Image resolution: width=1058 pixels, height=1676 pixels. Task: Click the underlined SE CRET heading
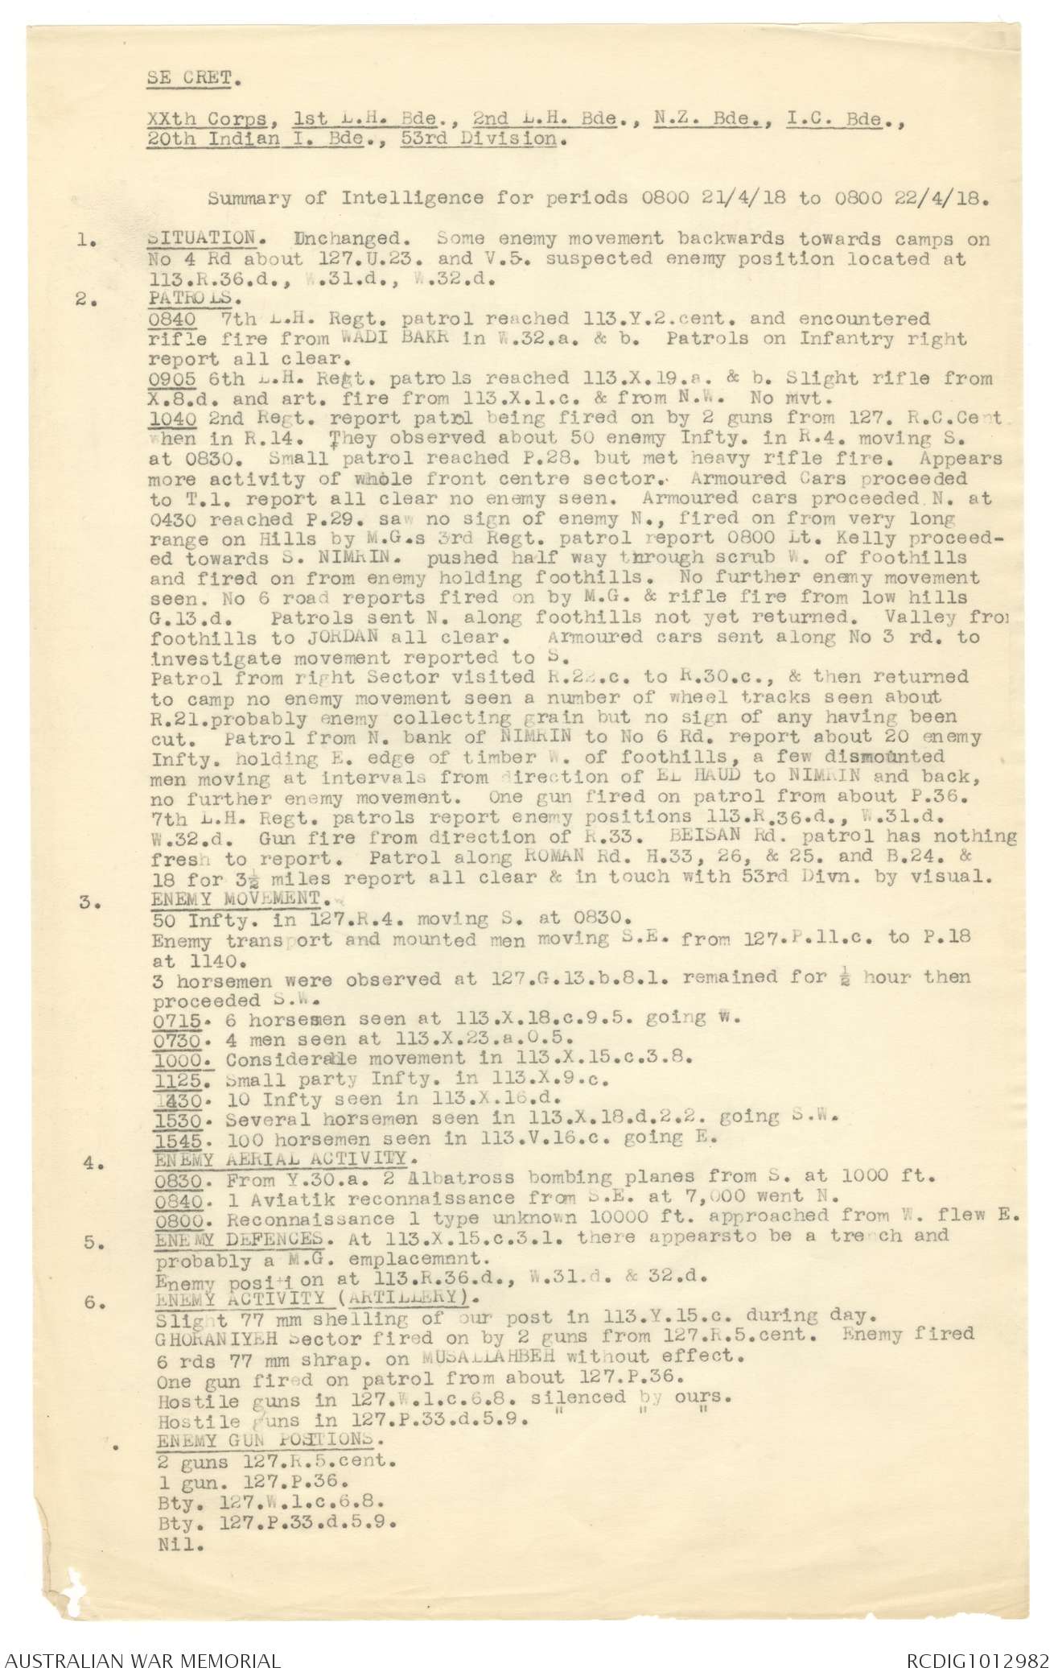[193, 79]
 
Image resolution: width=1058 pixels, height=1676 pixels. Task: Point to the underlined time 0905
[170, 378]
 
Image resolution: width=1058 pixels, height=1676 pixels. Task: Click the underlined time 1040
[170, 419]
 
